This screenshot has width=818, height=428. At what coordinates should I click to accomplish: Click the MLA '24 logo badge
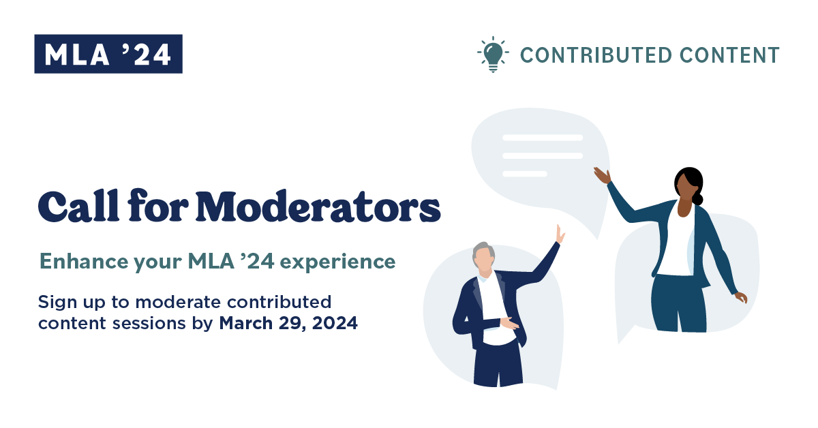(108, 54)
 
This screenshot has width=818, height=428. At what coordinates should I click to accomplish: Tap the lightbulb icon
(492, 54)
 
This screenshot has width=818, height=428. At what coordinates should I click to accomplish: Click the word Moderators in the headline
(319, 207)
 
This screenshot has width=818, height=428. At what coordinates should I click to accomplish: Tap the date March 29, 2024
(288, 324)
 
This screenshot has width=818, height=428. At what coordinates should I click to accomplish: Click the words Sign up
(67, 302)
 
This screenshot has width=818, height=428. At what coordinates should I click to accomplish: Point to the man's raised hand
(560, 234)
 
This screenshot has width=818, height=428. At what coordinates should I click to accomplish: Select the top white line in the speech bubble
(542, 138)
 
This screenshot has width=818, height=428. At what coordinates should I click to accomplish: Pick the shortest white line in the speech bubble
(525, 174)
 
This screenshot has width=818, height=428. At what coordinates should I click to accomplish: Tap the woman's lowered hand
(741, 297)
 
